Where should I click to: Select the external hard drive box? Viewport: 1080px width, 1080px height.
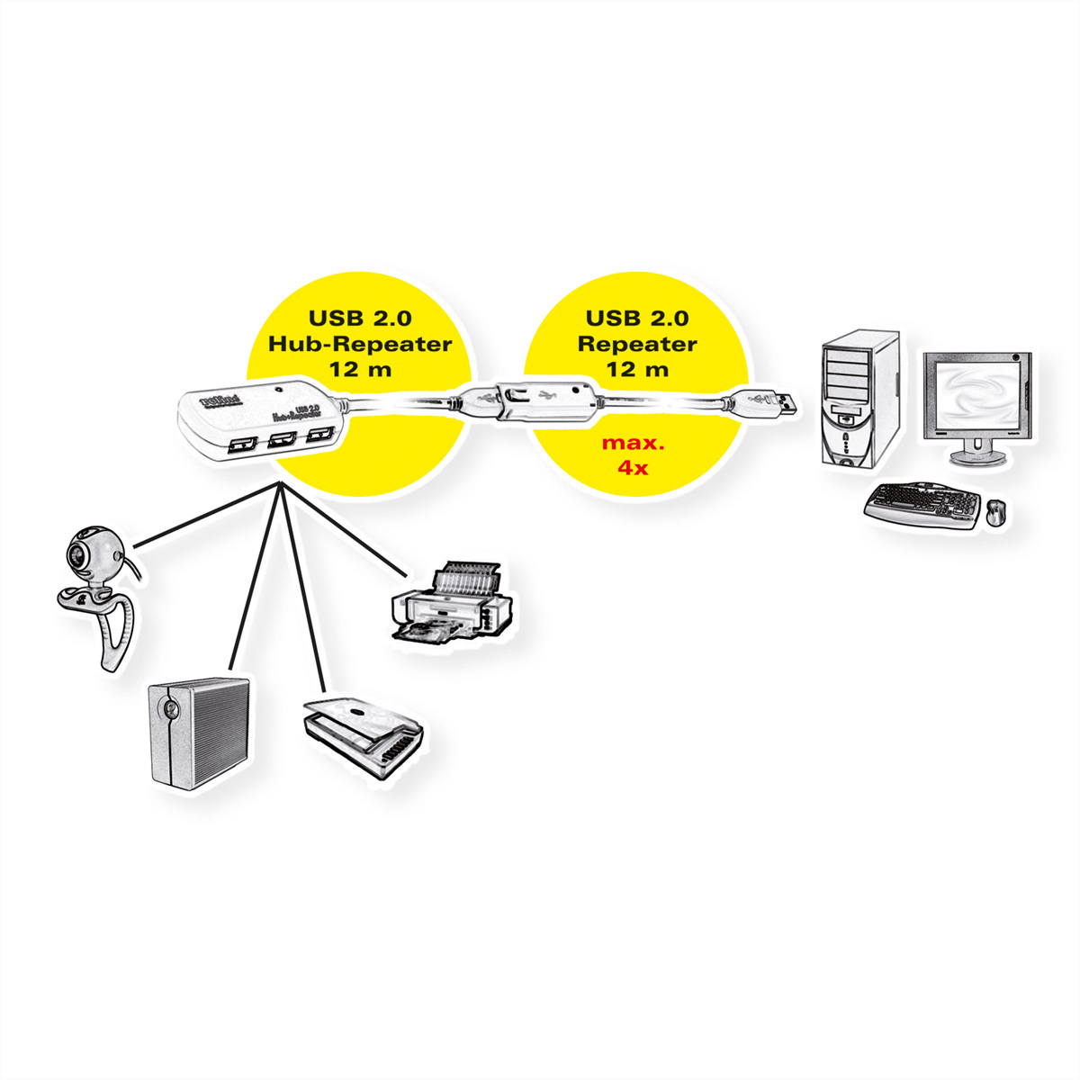(198, 733)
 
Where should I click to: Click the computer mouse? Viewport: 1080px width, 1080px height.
(996, 513)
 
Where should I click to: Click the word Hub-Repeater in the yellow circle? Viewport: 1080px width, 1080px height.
(359, 344)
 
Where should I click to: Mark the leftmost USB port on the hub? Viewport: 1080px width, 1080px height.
(242, 444)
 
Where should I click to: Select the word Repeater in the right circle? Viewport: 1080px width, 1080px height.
(637, 344)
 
